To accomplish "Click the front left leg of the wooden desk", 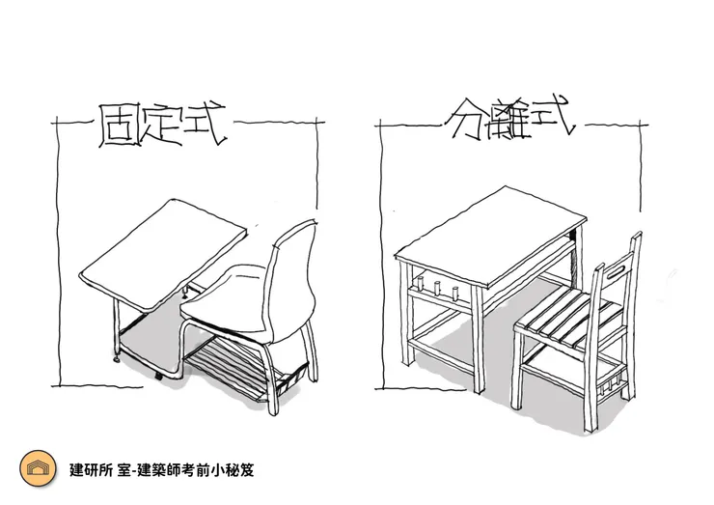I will tap(405, 319).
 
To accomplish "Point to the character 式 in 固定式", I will tap(204, 127).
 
